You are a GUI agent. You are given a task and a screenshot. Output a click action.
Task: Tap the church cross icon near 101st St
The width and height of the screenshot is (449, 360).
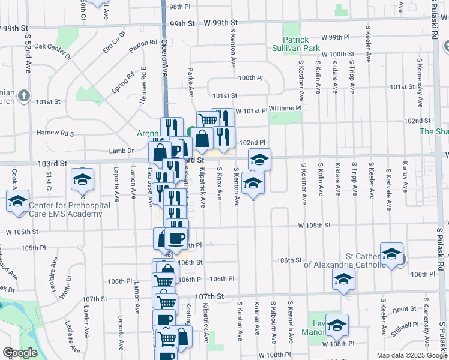coord(23,95)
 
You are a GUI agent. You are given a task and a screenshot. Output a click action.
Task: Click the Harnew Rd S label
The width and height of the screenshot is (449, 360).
coord(55,133)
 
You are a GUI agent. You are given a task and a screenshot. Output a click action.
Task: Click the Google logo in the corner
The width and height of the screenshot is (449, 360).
coord(20,353)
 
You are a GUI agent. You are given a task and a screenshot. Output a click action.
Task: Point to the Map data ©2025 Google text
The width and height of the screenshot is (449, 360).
coord(411,355)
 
